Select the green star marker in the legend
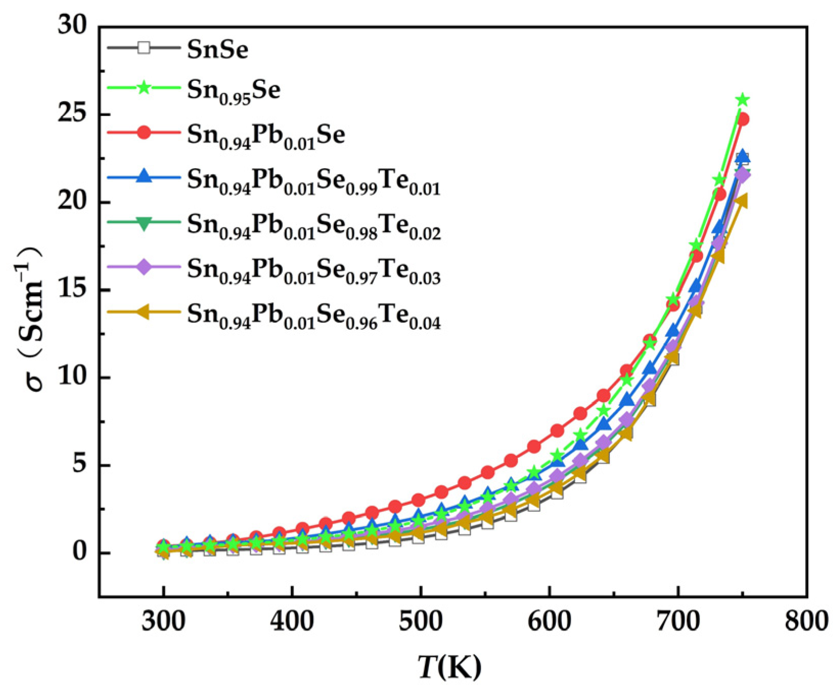click(x=144, y=87)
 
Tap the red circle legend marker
click(x=144, y=132)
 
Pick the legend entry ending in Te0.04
click(x=313, y=314)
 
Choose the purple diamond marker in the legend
click(x=144, y=266)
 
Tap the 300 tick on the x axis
click(x=163, y=621)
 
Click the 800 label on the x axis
click(x=807, y=621)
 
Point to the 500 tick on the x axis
click(x=420, y=621)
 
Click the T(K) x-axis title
click(x=450, y=667)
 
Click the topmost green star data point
click(x=743, y=99)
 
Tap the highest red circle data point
click(x=743, y=119)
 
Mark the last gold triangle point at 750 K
click(x=740, y=201)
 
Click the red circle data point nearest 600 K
click(x=557, y=431)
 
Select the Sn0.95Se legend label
click(x=233, y=91)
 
